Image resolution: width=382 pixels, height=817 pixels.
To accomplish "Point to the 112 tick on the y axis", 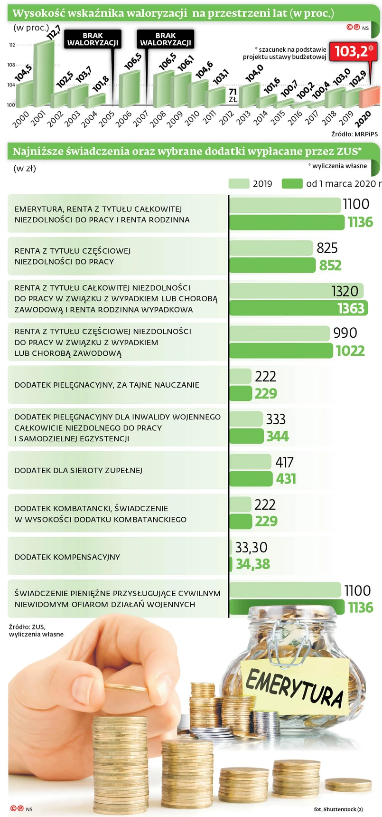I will (x=12, y=45).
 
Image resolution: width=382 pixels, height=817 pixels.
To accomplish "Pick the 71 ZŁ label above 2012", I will (x=233, y=95).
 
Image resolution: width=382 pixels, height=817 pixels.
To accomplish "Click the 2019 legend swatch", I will (x=239, y=184).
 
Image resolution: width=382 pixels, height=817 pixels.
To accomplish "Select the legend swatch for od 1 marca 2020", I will (x=292, y=184).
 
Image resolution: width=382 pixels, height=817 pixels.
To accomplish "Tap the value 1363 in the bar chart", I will (x=351, y=308).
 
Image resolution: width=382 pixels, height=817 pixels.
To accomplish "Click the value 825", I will (x=327, y=248).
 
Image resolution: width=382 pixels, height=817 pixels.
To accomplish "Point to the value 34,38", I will (x=253, y=564).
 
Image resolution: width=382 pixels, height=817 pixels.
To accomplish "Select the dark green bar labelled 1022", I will (x=281, y=351).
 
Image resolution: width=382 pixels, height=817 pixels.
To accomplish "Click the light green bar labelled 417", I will (x=251, y=462).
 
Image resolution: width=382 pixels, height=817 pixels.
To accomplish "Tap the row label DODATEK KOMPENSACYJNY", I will (x=67, y=557).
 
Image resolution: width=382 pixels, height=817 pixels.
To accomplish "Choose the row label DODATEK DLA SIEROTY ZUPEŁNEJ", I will (x=78, y=470).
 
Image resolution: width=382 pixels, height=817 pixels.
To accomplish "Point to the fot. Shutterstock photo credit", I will (x=338, y=809).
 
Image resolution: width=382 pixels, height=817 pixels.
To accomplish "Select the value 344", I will (x=278, y=436).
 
